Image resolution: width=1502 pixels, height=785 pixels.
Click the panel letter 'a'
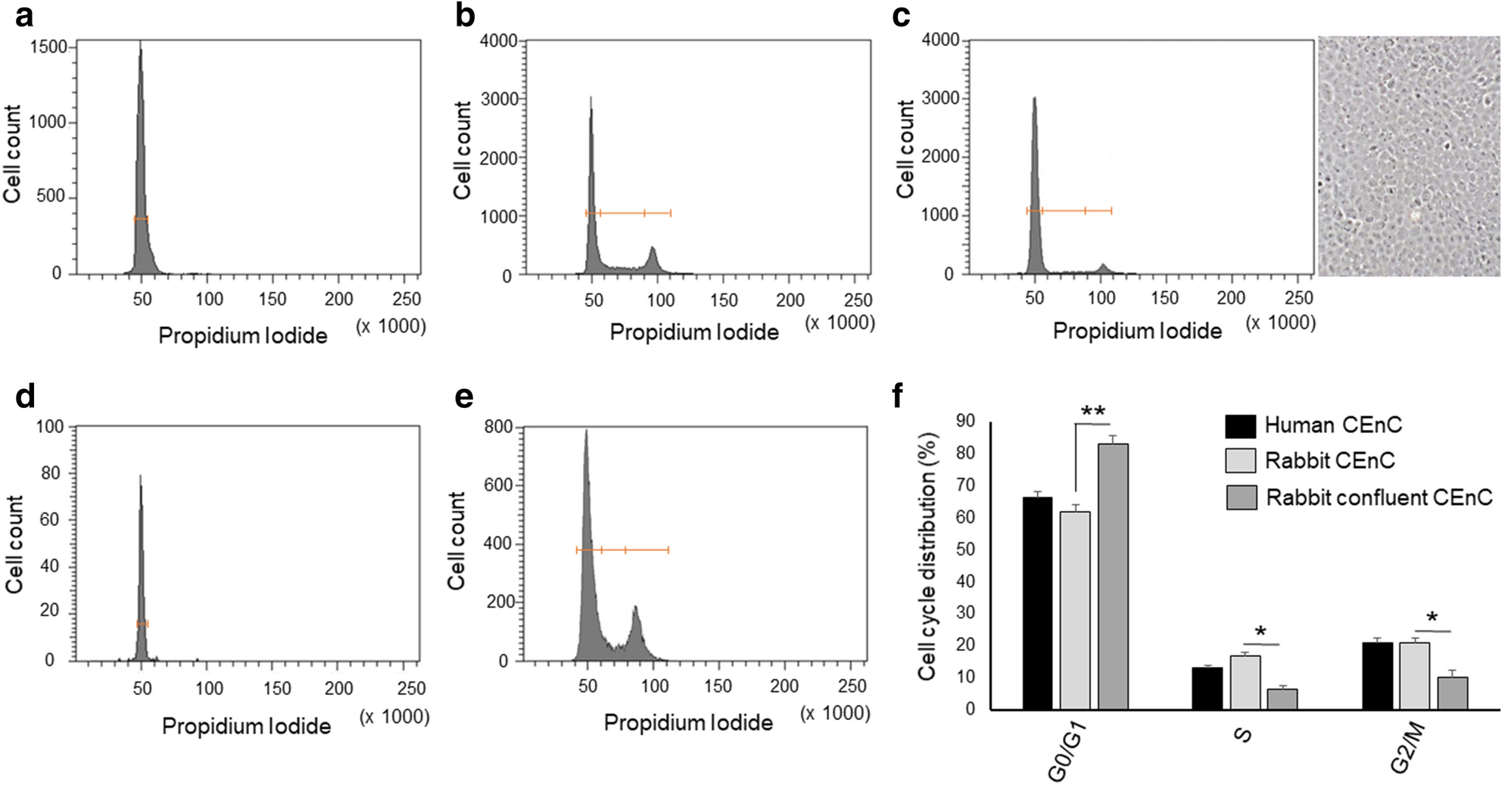click(24, 17)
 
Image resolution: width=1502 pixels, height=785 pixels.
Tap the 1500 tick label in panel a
click(48, 48)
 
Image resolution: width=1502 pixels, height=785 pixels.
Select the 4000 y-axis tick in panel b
click(498, 41)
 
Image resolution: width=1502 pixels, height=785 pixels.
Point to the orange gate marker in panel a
click(141, 219)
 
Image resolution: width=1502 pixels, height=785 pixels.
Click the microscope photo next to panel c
click(1408, 155)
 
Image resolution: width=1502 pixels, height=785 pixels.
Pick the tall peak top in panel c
click(1034, 99)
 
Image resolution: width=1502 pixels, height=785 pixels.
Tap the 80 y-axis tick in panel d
click(50, 474)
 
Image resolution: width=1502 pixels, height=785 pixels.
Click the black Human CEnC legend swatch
click(1240, 426)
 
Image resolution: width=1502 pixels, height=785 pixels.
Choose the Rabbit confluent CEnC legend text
click(1379, 497)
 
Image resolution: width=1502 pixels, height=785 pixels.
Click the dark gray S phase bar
click(1282, 699)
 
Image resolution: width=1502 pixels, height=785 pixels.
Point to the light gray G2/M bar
click(1414, 675)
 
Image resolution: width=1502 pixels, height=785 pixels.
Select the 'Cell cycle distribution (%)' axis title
click(928, 556)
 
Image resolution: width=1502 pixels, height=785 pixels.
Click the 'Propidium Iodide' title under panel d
click(246, 727)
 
